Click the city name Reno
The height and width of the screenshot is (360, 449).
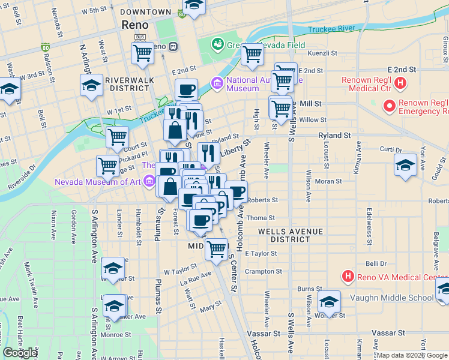[139, 25]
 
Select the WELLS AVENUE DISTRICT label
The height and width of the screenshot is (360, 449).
[291, 235]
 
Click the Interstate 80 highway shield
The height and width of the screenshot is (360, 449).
[46, 46]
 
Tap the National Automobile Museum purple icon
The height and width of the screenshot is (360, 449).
[215, 83]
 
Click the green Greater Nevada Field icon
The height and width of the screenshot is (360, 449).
[217, 44]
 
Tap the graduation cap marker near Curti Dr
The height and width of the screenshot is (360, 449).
[405, 166]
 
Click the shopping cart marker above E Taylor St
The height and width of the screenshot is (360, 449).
[216, 248]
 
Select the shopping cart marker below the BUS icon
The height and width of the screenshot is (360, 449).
[143, 52]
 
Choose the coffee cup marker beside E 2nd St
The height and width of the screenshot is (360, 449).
[186, 90]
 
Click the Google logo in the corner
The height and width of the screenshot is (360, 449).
[20, 353]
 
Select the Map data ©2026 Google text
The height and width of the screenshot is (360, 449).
[412, 355]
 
